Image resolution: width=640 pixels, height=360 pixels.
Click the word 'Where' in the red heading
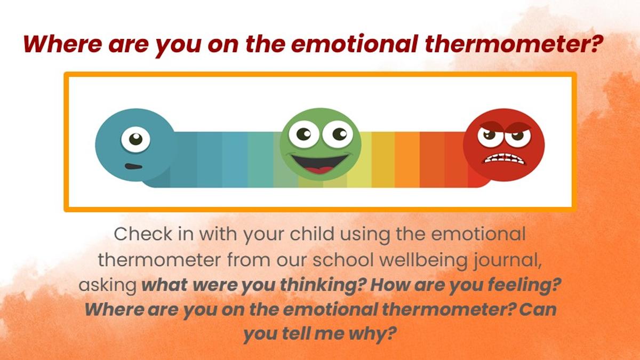62,44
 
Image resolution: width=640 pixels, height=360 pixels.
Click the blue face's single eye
135,139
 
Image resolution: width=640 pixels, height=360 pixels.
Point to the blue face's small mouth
133,166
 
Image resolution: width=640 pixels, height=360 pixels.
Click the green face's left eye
303,134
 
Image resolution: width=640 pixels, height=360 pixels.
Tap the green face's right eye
338,134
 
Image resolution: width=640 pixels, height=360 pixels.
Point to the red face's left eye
490,137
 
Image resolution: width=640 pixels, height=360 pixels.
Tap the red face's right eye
518,137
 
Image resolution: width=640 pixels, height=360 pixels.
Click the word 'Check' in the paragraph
143,234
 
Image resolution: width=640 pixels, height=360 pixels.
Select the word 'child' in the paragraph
312,234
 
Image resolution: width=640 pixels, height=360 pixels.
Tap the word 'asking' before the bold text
108,285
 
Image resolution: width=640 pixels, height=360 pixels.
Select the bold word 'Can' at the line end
538,310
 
